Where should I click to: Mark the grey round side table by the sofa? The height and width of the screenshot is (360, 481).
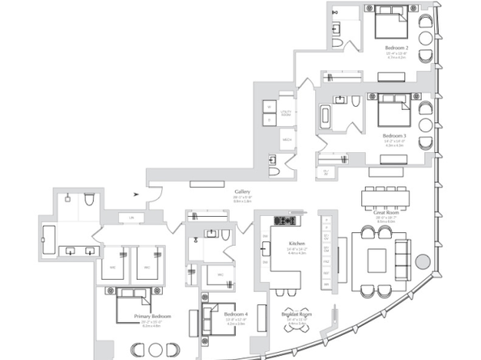pyautogui.click(x=421, y=262)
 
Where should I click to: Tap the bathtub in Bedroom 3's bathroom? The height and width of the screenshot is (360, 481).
pyautogui.click(x=324, y=116)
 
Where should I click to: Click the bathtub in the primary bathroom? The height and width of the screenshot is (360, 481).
pyautogui.click(x=45, y=239)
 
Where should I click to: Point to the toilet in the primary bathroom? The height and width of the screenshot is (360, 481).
pyautogui.click(x=89, y=197)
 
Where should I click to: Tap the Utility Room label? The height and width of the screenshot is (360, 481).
pyautogui.click(x=285, y=112)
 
